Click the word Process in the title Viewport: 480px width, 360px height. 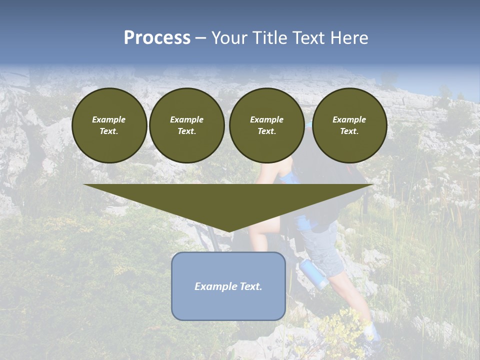pyautogui.click(x=157, y=38)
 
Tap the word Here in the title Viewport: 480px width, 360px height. pyautogui.click(x=349, y=38)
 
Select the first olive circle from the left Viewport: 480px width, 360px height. pyautogui.click(x=109, y=125)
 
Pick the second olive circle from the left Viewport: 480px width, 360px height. pyautogui.click(x=186, y=125)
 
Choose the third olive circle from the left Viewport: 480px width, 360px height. pyautogui.click(x=266, y=125)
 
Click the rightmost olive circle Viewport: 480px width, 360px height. pyautogui.click(x=349, y=125)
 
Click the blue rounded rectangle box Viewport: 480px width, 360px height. pyautogui.click(x=228, y=305)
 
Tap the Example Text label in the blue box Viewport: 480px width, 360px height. pyautogui.click(x=228, y=286)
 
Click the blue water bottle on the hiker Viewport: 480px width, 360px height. pyautogui.click(x=313, y=274)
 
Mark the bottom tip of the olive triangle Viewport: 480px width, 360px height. pyautogui.click(x=228, y=231)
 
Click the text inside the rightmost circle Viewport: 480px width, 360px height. pyautogui.click(x=349, y=125)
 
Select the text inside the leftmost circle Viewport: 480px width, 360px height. pyautogui.click(x=109, y=125)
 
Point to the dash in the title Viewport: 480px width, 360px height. pyautogui.click(x=201, y=38)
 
